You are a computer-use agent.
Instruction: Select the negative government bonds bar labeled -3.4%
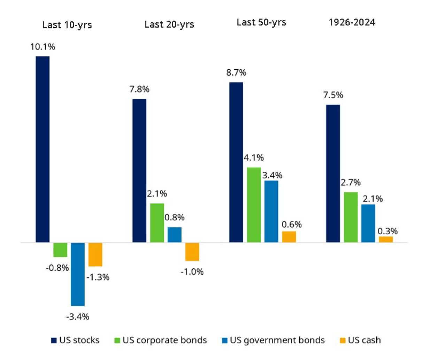[x=77, y=274]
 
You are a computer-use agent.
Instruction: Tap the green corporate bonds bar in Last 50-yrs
[x=254, y=205]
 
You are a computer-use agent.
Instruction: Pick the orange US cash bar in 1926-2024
[x=386, y=239]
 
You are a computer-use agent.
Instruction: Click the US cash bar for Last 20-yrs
[x=192, y=252]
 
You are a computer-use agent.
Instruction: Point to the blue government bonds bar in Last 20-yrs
[x=174, y=235]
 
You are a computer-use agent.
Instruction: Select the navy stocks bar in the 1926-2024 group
[x=333, y=173]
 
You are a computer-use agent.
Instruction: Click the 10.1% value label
[x=43, y=47]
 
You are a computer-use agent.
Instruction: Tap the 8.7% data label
[x=236, y=72]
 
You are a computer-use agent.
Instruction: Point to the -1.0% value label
[x=192, y=272]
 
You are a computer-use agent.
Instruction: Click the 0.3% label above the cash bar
[x=387, y=231]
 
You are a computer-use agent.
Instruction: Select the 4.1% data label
[x=254, y=158]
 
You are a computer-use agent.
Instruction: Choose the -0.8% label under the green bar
[x=57, y=268]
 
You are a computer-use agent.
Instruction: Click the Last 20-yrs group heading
[x=169, y=24]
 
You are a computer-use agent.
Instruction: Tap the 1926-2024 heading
[x=352, y=22]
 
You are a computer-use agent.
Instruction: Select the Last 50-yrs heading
[x=261, y=22]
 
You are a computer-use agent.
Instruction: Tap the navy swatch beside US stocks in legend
[x=54, y=340]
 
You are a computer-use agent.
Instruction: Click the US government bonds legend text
[x=277, y=340]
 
